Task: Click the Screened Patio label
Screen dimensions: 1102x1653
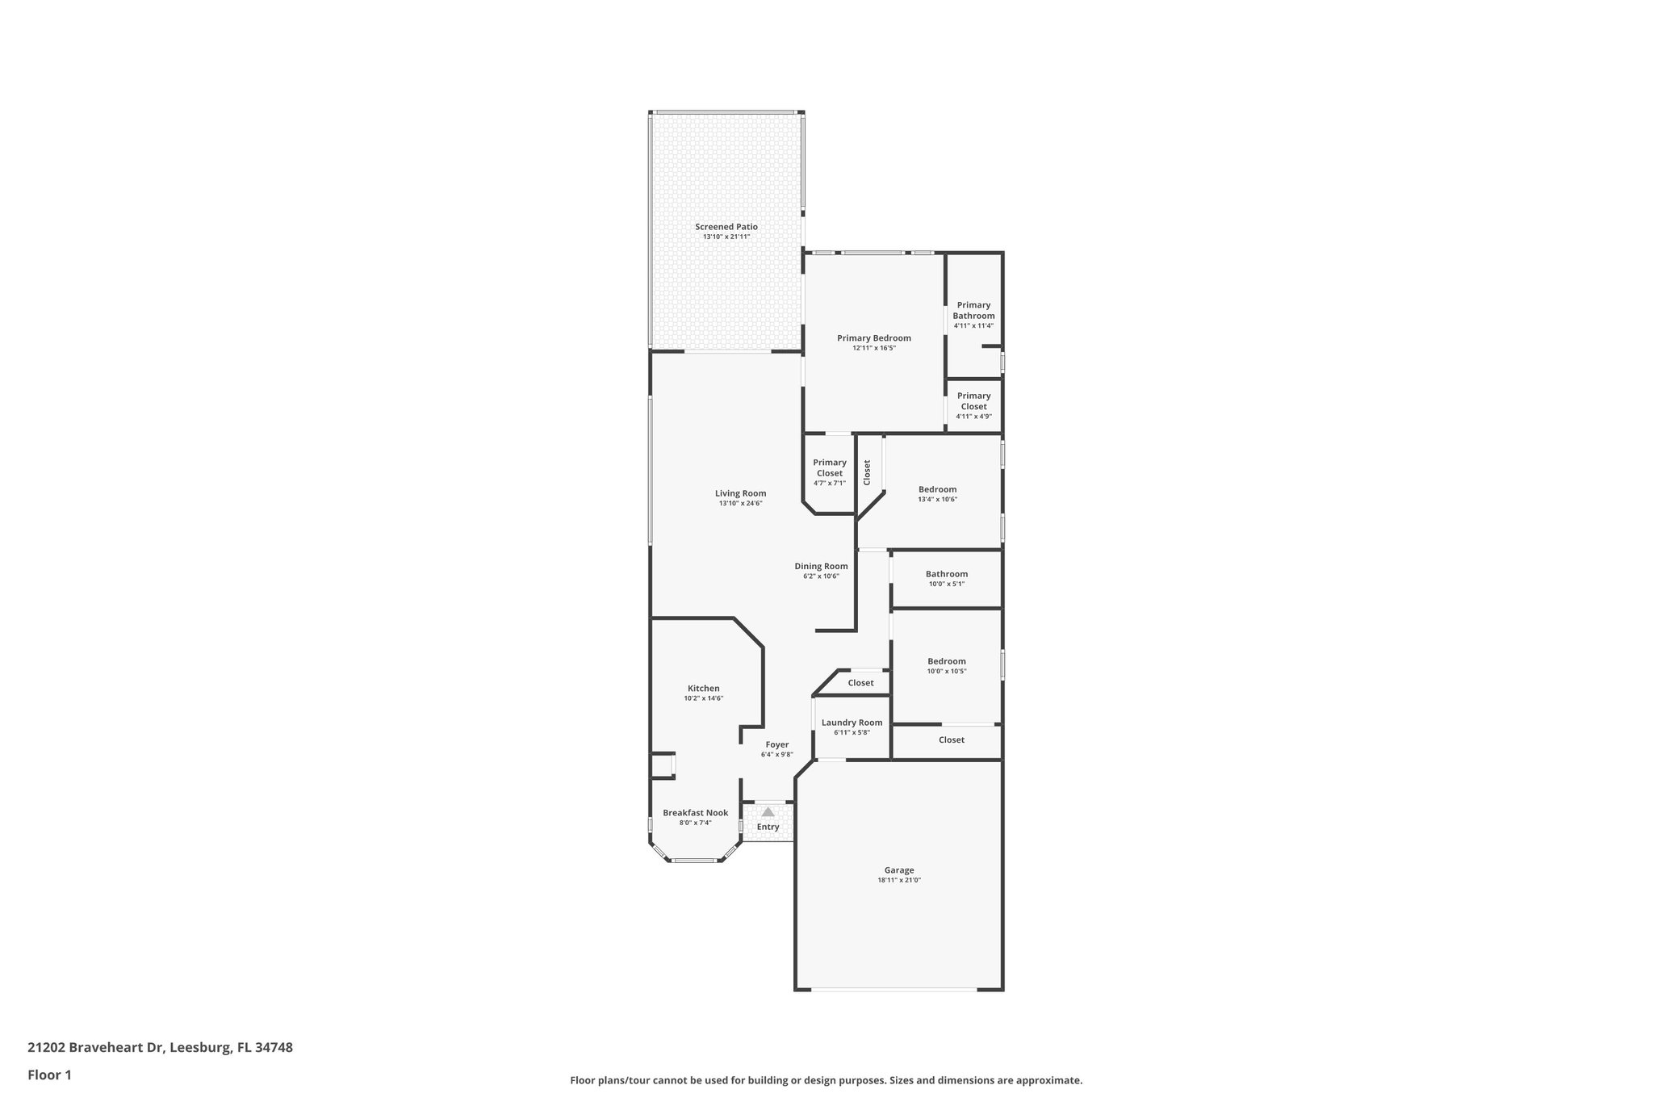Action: pyautogui.click(x=726, y=227)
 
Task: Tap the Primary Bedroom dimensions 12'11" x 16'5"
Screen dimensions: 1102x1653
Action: pyautogui.click(x=874, y=348)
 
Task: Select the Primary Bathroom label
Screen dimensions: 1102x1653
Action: pyautogui.click(x=973, y=310)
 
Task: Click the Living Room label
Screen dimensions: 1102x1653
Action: pyautogui.click(x=740, y=493)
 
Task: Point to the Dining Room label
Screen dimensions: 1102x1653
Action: pyautogui.click(x=821, y=566)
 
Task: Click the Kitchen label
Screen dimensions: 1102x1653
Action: pyautogui.click(x=703, y=689)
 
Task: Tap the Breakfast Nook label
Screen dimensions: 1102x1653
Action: pyautogui.click(x=695, y=813)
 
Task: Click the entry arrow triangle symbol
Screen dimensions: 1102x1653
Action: pyautogui.click(x=768, y=812)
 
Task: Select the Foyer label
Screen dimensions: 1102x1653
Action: pyautogui.click(x=776, y=744)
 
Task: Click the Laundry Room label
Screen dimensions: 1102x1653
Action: pyautogui.click(x=852, y=723)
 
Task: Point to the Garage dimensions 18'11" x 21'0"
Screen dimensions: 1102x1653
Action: pyautogui.click(x=898, y=881)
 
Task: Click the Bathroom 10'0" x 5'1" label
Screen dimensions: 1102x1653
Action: pyautogui.click(x=946, y=574)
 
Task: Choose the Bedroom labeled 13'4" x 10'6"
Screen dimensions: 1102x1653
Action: pyautogui.click(x=937, y=489)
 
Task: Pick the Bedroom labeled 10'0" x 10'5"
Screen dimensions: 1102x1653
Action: pyautogui.click(x=946, y=661)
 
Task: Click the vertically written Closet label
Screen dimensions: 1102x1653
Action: pyautogui.click(x=867, y=472)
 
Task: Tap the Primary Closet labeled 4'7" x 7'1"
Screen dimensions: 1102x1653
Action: pyautogui.click(x=829, y=467)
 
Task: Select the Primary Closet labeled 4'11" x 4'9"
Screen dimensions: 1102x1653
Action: pyautogui.click(x=973, y=400)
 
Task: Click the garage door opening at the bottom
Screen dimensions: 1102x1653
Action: pyautogui.click(x=893, y=989)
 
